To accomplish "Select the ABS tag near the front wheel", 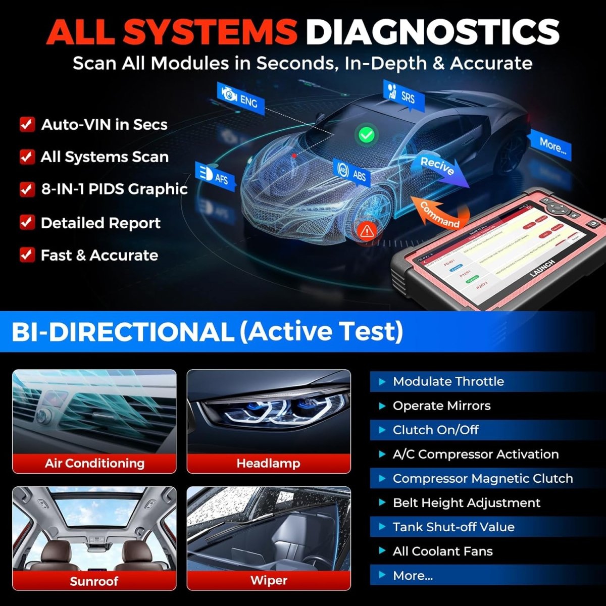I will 352,173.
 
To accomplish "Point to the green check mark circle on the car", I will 366,134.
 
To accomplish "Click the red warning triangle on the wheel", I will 367,231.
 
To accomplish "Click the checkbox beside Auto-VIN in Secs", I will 27,124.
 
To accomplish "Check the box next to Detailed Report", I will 27,223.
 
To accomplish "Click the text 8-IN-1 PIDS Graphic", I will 114,189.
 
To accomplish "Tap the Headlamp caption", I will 269,463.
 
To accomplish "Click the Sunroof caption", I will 94,581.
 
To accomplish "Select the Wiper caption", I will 269,580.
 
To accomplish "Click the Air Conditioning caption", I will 94,463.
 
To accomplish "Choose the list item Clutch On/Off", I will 435,430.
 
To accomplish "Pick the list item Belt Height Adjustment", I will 466,502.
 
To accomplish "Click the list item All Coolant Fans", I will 442,551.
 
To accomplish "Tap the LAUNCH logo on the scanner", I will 543,268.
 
